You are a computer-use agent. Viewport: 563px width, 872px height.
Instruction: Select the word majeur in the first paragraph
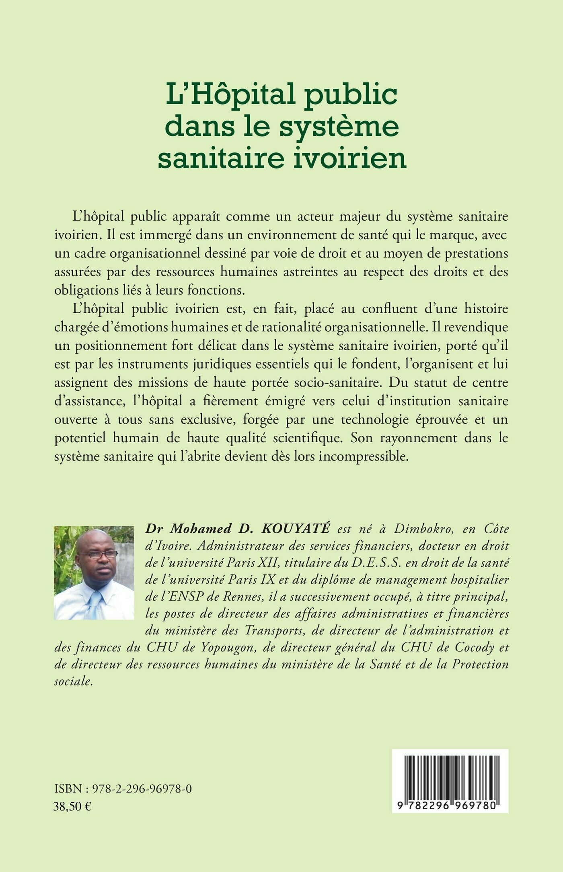point(362,216)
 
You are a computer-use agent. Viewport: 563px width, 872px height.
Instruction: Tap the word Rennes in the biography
point(245,597)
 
